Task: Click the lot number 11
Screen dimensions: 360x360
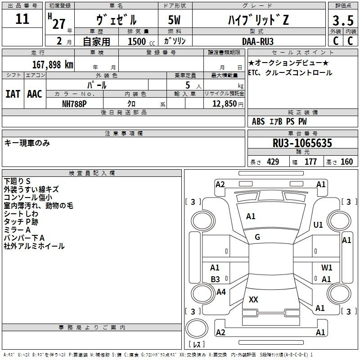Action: point(22,19)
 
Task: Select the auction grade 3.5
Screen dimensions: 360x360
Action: point(343,20)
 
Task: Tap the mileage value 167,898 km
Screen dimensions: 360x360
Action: point(53,65)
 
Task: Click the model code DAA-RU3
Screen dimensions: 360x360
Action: point(257,41)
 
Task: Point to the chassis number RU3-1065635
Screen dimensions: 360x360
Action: point(302,143)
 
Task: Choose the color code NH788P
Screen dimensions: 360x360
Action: point(74,104)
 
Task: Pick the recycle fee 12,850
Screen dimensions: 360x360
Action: point(224,103)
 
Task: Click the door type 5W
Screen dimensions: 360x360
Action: point(174,20)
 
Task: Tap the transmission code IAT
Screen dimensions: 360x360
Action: point(13,94)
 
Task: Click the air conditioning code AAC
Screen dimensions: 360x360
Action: point(35,94)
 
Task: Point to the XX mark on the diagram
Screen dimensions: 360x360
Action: point(253,299)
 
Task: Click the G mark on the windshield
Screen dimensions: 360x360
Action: point(257,237)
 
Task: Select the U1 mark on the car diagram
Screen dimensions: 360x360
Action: point(318,225)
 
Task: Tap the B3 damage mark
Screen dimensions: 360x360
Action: point(216,279)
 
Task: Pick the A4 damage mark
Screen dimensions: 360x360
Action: point(221,292)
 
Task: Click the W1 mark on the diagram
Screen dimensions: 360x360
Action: point(327,267)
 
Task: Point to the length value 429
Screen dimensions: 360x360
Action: point(273,162)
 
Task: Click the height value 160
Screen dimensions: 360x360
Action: point(346,162)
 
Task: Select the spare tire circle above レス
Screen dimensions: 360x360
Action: point(197,328)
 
